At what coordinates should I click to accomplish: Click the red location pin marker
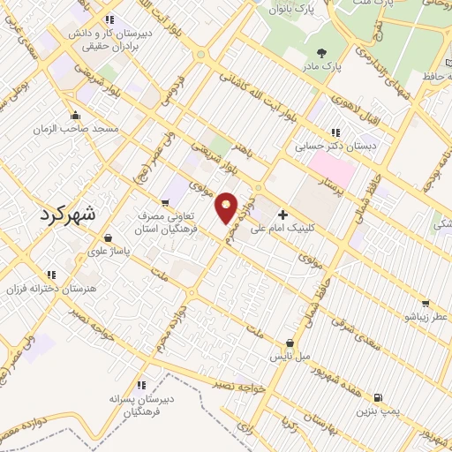pyautogui.click(x=227, y=207)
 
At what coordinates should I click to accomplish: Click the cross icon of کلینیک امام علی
pyautogui.click(x=282, y=215)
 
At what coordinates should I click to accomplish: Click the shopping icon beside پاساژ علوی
pyautogui.click(x=108, y=237)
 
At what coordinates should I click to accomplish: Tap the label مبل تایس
pyautogui.click(x=290, y=357)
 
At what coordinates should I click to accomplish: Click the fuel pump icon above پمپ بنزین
pyautogui.click(x=379, y=397)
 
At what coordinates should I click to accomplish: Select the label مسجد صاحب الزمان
pyautogui.click(x=75, y=129)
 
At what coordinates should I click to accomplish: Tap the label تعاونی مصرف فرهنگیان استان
pyautogui.click(x=172, y=222)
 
